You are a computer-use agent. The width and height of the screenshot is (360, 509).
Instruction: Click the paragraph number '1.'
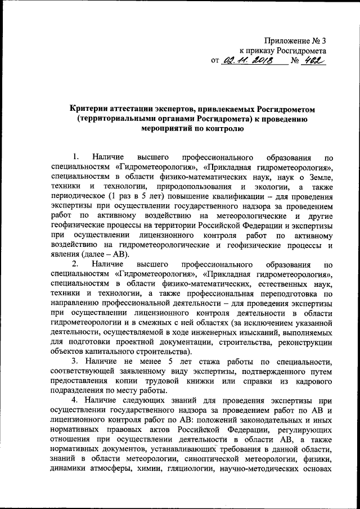[x=76, y=155]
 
